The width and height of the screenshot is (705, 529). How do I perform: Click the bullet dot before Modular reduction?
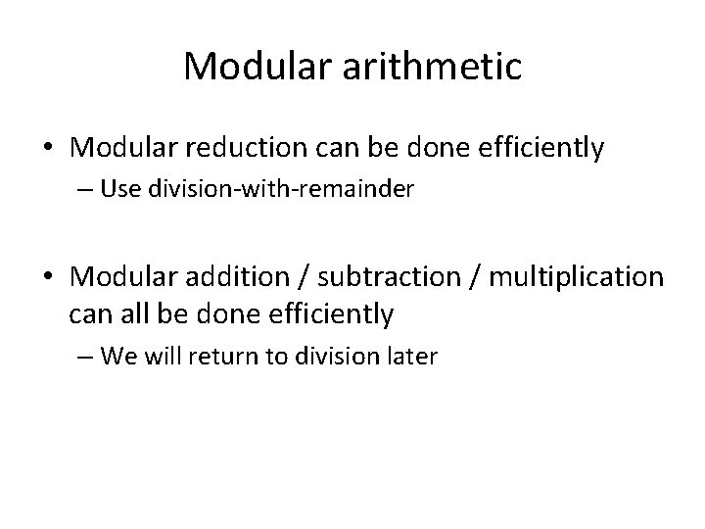pos(47,149)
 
